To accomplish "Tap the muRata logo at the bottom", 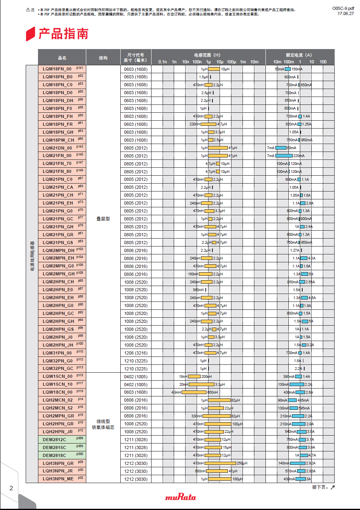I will pos(180,497).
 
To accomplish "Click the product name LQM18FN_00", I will pos(57,69).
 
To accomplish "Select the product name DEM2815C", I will pos(55,447).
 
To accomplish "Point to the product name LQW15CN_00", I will pos(58,377).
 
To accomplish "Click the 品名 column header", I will pos(62,58).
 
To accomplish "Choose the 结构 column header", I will pos(103,58).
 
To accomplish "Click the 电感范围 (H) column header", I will pos(207,55).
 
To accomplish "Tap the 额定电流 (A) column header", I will pos(299,55).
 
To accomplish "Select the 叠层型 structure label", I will pos(103,219).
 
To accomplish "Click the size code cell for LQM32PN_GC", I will pos(135,369).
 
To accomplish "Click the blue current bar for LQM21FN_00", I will pos(284,156).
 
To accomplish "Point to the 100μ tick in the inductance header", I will pos(231,62).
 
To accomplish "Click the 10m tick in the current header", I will pos(277,62).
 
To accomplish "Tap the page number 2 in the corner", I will pos(11,488).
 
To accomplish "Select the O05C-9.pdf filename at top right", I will pos(343,8).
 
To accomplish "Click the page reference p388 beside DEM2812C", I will pos(80,438).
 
